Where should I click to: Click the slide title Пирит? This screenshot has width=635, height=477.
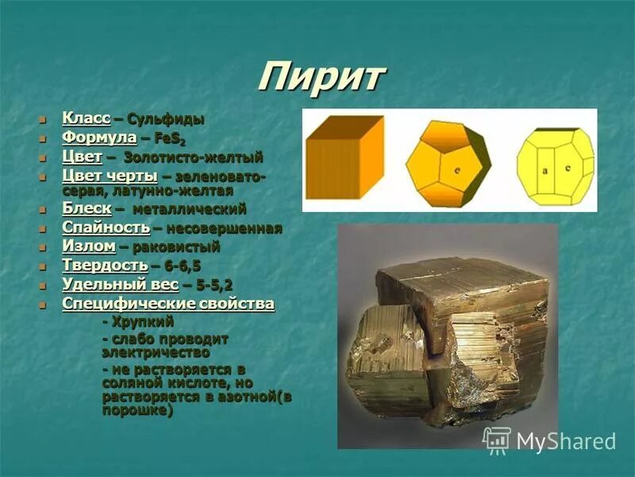coord(321,77)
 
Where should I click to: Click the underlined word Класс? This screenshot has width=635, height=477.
coord(86,119)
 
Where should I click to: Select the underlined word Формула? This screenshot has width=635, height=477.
coord(99,138)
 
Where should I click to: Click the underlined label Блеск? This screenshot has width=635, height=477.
coord(87,208)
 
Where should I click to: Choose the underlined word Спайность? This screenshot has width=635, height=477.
coord(106,228)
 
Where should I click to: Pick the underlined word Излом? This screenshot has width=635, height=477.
coord(89,246)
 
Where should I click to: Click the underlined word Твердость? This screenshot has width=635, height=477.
coord(105,266)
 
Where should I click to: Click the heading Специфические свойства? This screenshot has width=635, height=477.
coord(168,304)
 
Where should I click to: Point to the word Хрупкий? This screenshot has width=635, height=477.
coord(143,322)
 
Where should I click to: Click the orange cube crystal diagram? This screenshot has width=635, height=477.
coord(344,157)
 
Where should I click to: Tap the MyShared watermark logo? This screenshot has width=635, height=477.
coord(550,440)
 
